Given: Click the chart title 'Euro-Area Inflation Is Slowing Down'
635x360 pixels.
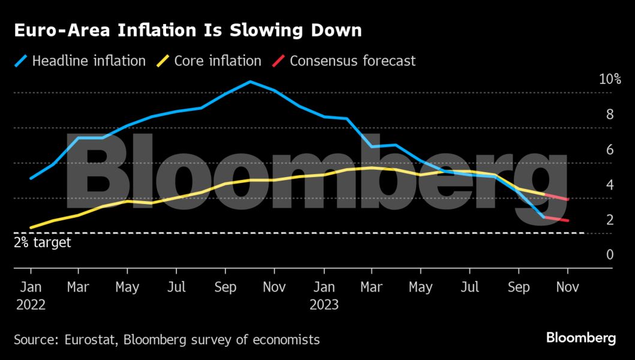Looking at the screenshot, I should (188, 31).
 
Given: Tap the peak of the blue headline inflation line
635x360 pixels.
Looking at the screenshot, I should (250, 82).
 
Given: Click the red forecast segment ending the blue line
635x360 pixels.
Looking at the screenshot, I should (556, 219).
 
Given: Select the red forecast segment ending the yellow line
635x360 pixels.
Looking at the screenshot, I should (556, 197).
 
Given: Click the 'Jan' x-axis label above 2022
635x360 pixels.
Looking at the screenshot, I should (31, 287).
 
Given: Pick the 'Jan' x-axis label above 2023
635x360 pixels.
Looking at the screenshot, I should (324, 287).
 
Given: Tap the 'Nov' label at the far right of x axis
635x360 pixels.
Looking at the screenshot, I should (567, 287).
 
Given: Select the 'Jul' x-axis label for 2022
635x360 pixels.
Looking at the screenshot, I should (176, 287).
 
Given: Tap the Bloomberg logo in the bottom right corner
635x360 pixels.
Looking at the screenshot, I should (580, 338).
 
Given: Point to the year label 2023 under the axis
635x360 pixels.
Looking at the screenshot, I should (324, 305).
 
